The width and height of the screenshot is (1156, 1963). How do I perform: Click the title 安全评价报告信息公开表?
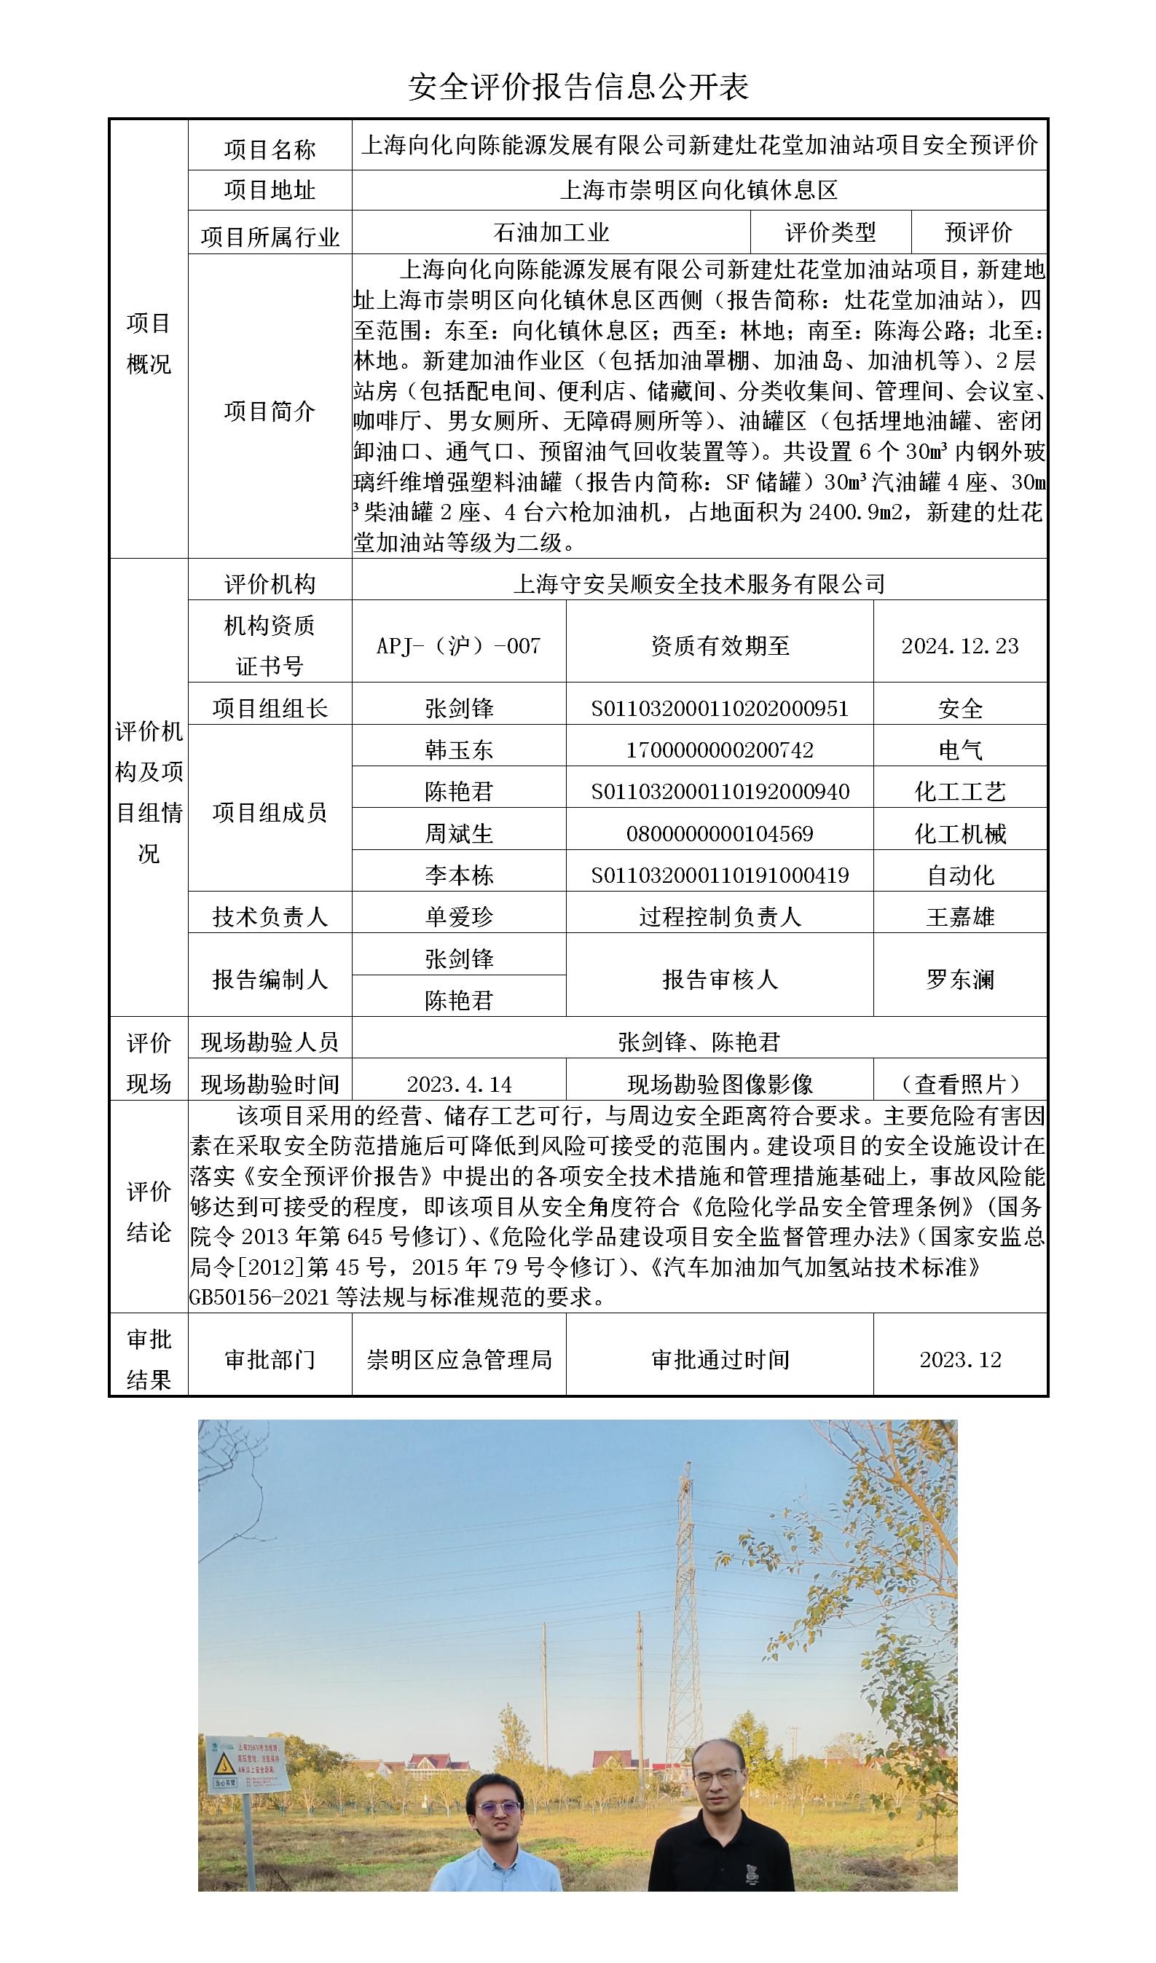[578, 87]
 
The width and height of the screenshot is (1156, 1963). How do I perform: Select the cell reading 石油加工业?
[551, 232]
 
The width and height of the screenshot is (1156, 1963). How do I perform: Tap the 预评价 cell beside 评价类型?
[978, 232]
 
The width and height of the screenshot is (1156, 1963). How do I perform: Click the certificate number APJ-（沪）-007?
[458, 646]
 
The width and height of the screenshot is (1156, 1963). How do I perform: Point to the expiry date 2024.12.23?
[960, 646]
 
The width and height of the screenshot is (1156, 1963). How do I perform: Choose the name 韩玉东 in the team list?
[459, 750]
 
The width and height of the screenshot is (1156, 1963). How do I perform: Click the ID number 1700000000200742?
[720, 750]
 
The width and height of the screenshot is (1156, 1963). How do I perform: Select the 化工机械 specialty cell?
[960, 833]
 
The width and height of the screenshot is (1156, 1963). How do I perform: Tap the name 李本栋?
[459, 875]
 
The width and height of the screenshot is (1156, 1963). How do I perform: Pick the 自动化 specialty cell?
[960, 875]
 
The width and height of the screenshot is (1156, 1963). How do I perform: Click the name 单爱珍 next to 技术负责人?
[459, 916]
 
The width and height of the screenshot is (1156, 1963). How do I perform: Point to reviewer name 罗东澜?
[960, 979]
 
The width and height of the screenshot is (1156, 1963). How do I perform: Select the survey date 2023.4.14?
[459, 1084]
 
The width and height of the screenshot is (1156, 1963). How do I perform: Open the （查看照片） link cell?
[960, 1084]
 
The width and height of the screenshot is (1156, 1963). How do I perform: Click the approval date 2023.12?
[960, 1359]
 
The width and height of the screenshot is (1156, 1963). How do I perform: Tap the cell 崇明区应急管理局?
[459, 1359]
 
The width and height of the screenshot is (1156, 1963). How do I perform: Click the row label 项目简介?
[270, 411]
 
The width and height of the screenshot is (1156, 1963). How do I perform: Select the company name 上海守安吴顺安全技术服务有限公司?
[699, 583]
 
